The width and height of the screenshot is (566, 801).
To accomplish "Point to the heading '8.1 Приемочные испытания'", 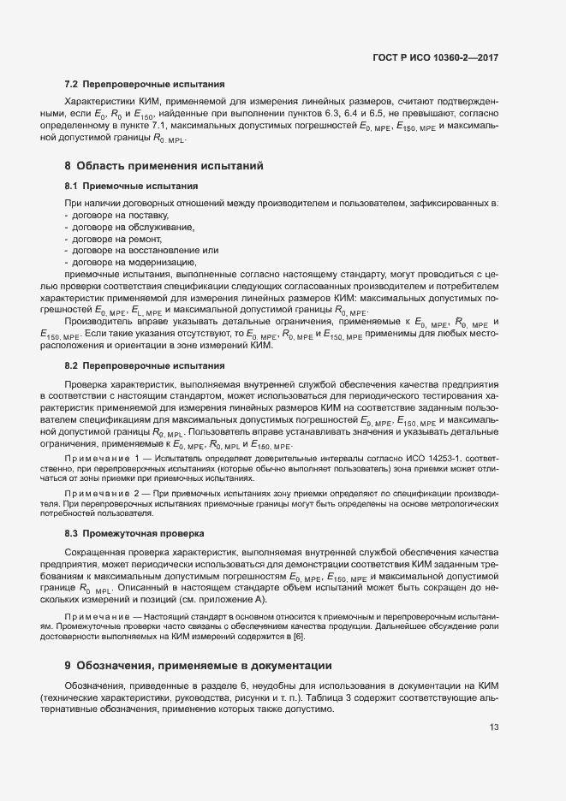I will pyautogui.click(x=131, y=186).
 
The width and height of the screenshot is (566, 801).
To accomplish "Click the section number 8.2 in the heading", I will pyautogui.click(x=72, y=365).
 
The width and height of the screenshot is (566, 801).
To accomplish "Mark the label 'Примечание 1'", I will pyautogui.click(x=101, y=460).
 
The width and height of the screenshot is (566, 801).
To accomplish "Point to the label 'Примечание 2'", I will pyautogui.click(x=101, y=495).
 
